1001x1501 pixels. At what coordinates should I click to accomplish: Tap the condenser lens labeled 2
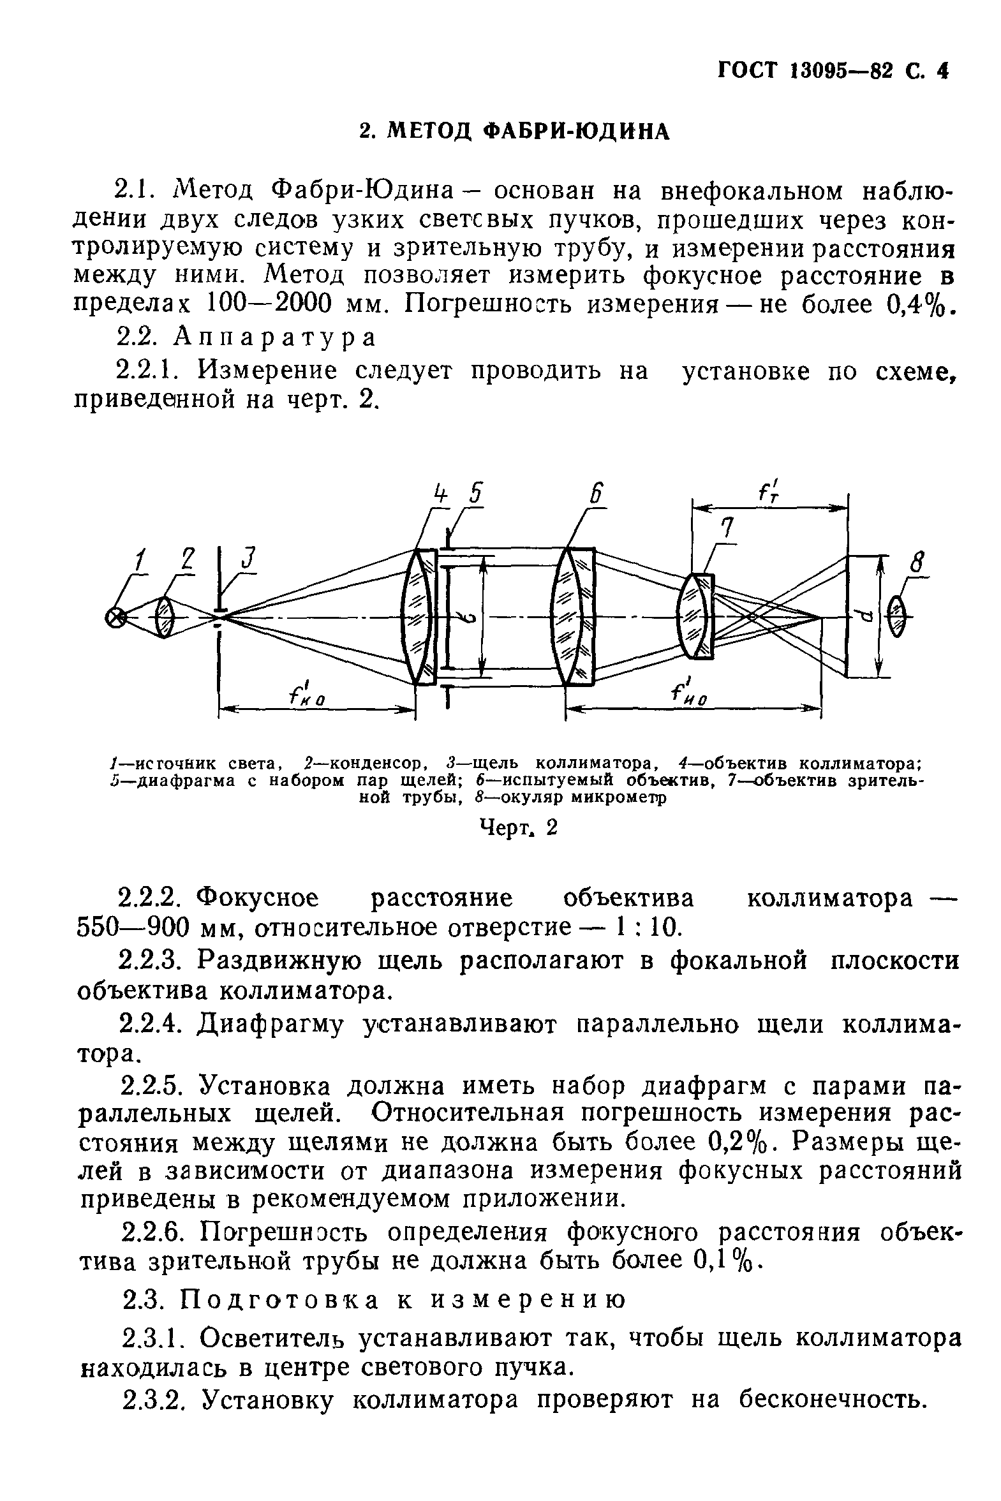165,616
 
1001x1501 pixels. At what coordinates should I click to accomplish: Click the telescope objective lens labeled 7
693,616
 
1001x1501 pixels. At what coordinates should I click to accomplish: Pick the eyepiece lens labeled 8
897,616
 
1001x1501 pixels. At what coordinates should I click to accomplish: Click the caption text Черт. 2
519,828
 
